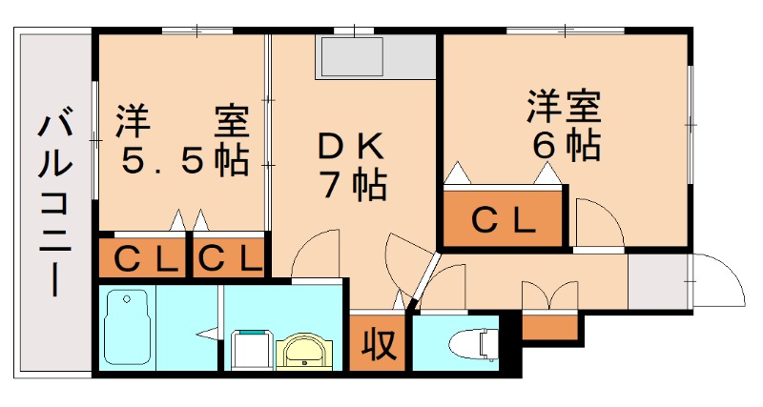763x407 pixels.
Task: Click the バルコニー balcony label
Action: pyautogui.click(x=55, y=204)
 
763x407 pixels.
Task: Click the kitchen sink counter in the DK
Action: pyautogui.click(x=353, y=59)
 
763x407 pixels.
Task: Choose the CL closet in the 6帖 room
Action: pyautogui.click(x=504, y=221)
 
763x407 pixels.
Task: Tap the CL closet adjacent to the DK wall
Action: pyautogui.click(x=230, y=257)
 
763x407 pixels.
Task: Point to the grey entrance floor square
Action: pyautogui.click(x=658, y=281)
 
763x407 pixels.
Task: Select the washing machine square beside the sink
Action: pyautogui.click(x=250, y=350)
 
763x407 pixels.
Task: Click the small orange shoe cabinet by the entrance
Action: pyautogui.click(x=551, y=325)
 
